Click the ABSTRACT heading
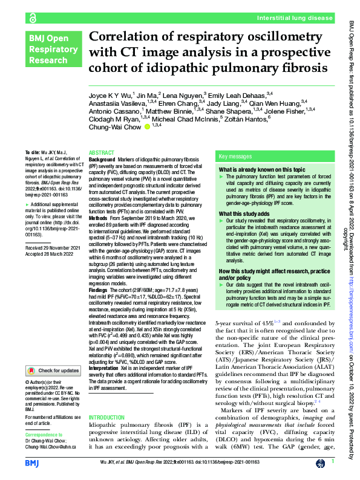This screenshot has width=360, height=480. (100, 153)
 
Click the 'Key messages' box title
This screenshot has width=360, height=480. (234, 155)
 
